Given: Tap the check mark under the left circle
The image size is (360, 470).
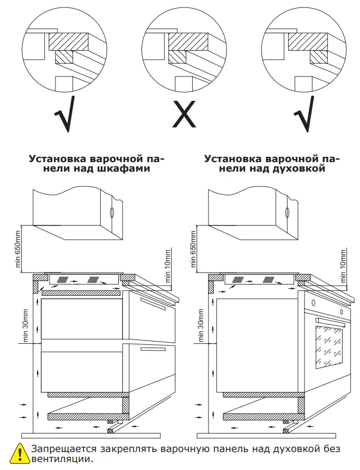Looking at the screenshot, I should tap(64, 114).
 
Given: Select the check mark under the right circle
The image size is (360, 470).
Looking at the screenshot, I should tap(305, 114).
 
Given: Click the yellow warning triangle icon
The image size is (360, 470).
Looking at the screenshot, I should tap(20, 454).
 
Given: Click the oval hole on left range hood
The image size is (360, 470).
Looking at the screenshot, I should tap(111, 212).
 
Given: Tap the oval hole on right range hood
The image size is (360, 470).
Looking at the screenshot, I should tap(287, 212).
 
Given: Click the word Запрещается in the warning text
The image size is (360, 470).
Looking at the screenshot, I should tap(61, 449).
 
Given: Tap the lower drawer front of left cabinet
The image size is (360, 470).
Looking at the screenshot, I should tap(153, 370).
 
